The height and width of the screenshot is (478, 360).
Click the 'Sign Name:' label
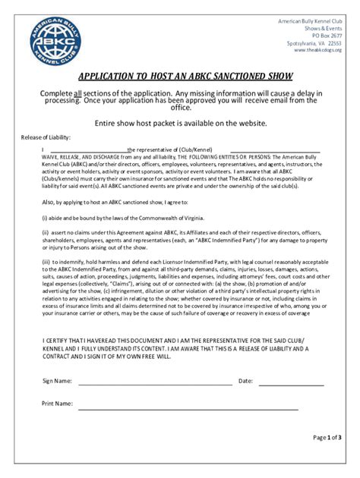tap(57, 380)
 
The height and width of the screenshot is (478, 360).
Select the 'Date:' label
tap(245, 380)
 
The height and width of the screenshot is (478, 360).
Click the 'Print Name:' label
tap(57, 404)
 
